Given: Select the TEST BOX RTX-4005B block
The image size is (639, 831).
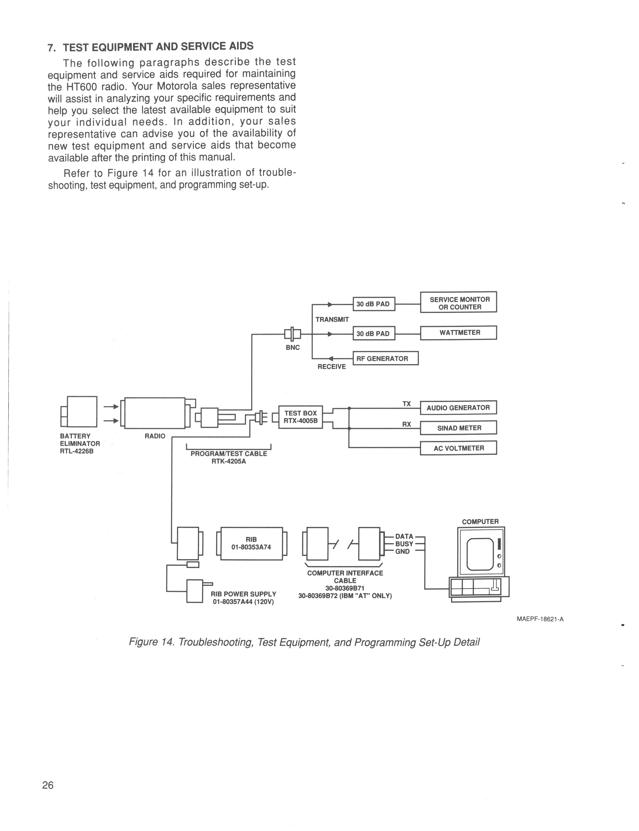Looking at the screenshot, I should click(300, 417).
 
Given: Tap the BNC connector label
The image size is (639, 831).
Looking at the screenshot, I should click(293, 347).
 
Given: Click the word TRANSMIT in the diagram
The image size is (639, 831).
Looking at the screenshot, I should click(332, 319).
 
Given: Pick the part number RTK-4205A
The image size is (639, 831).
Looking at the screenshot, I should click(229, 461).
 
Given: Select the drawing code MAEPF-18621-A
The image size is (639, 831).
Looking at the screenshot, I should click(540, 619).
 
